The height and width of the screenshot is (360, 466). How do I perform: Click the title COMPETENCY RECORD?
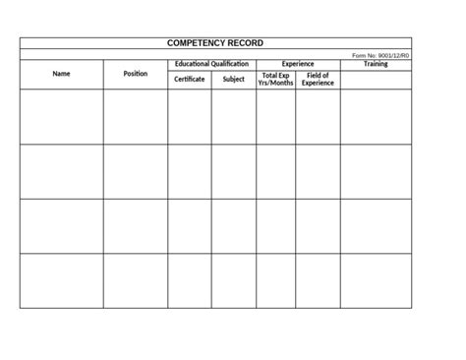(215, 43)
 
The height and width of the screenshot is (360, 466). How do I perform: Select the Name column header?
(61, 74)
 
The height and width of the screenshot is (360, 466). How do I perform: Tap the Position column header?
(136, 74)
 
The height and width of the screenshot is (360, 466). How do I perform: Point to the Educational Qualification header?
(211, 64)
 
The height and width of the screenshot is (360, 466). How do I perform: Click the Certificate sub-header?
(189, 79)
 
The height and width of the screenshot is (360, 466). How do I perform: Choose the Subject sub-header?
(233, 79)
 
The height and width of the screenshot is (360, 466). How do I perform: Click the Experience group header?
(298, 64)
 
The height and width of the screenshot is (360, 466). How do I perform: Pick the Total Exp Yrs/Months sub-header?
(275, 79)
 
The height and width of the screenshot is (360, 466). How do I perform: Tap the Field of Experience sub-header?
(318, 79)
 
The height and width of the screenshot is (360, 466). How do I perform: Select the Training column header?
(376, 64)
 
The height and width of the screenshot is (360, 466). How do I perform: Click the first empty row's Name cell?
(61, 116)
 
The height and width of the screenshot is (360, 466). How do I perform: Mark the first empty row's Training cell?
(376, 116)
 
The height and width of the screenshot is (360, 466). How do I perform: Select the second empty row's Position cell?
(136, 171)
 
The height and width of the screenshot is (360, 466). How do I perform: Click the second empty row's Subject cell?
(233, 171)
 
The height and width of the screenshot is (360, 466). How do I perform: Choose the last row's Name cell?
(61, 280)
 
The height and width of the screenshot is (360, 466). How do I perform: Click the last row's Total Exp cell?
(275, 280)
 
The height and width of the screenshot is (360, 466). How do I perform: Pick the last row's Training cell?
(376, 280)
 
